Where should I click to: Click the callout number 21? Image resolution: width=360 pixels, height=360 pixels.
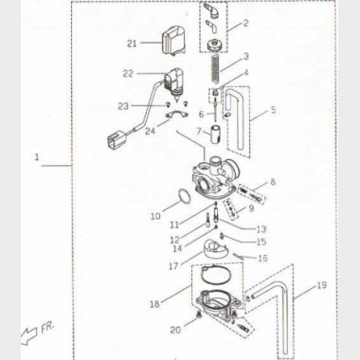click(132, 44)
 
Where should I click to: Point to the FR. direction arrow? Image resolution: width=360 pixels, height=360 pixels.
click(29, 335)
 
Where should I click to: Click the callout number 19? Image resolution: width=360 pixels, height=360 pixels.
click(322, 285)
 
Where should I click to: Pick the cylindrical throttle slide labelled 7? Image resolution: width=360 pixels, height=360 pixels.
click(217, 135)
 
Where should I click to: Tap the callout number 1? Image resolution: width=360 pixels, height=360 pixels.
click(37, 157)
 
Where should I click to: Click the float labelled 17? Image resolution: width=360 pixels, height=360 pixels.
click(213, 250)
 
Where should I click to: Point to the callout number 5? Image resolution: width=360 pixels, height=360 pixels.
click(273, 110)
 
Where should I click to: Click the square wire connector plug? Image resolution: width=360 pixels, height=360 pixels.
click(115, 139)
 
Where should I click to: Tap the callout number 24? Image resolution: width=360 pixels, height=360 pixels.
click(151, 130)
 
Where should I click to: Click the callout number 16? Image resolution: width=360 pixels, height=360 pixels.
click(262, 259)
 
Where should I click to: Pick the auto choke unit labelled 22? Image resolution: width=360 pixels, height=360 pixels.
click(174, 83)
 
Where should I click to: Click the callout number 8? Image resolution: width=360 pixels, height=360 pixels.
click(273, 182)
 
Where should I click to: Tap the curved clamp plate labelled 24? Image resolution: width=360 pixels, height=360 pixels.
click(176, 115)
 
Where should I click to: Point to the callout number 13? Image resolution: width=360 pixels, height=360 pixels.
click(261, 229)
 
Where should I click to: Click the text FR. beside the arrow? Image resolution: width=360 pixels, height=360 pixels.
click(47, 329)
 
